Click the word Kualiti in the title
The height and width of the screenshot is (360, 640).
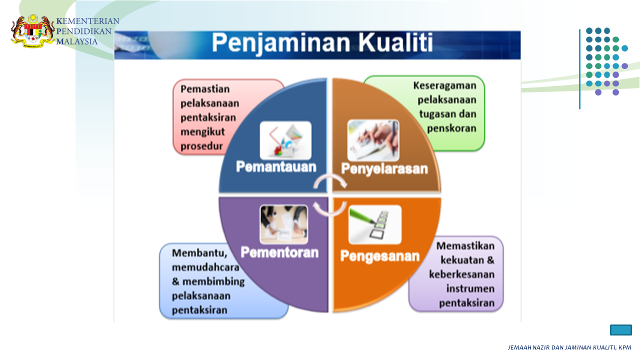395,43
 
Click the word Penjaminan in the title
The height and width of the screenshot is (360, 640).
281,44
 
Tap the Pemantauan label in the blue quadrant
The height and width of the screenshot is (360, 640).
276,167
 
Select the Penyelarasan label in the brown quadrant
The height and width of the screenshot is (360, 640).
384,169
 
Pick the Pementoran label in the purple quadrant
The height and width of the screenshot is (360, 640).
279,252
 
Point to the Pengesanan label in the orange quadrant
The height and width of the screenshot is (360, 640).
380,256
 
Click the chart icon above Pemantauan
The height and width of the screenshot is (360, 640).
285,140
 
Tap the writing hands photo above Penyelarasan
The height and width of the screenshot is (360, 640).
373,140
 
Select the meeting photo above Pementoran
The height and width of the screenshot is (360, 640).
284,224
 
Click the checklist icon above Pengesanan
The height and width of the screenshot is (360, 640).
375,224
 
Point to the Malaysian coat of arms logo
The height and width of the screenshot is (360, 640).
32,31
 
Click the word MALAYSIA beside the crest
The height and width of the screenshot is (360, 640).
77,41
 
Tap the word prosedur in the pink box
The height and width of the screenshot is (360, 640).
201,146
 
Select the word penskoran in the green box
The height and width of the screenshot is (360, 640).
451,128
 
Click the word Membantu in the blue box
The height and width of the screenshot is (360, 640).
199,253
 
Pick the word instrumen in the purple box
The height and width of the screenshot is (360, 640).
470,288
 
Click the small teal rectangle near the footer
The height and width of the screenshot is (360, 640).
621,330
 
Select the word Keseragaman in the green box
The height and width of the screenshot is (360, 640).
445,85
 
